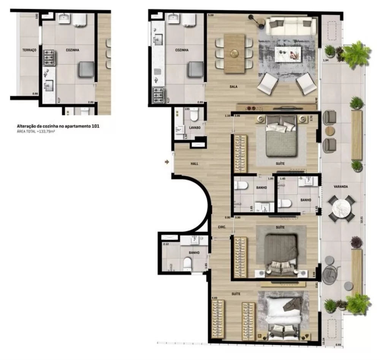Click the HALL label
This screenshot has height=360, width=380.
[195, 164]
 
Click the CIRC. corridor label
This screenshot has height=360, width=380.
[222, 227]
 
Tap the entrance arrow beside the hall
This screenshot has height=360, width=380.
[166, 162]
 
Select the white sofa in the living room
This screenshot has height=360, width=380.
[290, 26]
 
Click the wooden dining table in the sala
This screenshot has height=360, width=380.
[234, 53]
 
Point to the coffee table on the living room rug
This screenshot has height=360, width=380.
[288, 54]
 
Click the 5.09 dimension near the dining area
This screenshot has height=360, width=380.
[211, 16]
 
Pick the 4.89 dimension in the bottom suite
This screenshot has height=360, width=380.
[214, 298]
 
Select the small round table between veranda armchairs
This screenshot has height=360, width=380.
[329, 131]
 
